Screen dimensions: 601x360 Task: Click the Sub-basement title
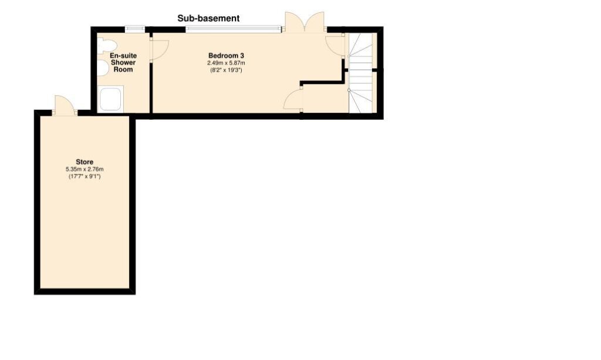point(208,18)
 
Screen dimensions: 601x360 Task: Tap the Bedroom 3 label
point(226,56)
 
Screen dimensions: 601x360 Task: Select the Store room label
point(85,162)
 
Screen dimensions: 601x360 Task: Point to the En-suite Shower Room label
point(123,62)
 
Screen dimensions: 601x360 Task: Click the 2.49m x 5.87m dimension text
point(226,63)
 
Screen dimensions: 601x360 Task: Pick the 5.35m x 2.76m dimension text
point(85,169)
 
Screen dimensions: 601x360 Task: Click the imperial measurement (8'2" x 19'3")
point(226,70)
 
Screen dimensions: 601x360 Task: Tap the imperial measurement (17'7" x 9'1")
point(85,176)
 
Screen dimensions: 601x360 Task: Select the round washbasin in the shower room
point(103,69)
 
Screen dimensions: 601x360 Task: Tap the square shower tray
point(110,99)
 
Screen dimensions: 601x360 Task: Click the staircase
point(360,73)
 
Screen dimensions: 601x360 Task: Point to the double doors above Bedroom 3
point(305,22)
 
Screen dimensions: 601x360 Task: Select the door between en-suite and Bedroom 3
point(158,49)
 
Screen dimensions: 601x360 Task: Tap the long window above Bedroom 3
point(233,28)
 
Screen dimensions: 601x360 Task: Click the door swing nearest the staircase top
point(335,45)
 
